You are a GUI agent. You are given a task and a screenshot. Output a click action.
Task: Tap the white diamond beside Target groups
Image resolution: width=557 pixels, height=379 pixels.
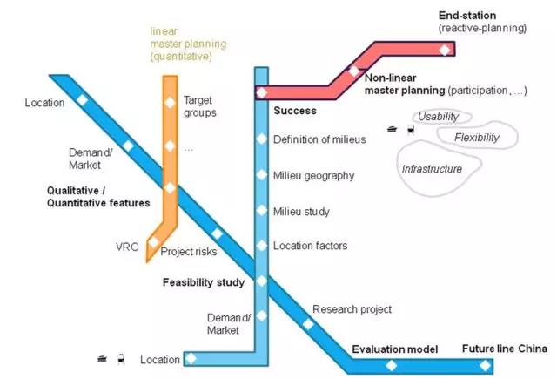pyautogui.click(x=171, y=103)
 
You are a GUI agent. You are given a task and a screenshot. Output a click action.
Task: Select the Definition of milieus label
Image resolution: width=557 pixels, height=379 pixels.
pyautogui.click(x=319, y=139)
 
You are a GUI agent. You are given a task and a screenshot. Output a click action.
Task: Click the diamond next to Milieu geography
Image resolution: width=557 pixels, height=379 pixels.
pyautogui.click(x=261, y=175)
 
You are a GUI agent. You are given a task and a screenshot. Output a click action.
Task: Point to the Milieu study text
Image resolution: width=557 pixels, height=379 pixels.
pyautogui.click(x=301, y=212)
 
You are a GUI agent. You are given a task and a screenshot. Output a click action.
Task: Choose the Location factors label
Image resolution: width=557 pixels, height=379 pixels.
pyautogui.click(x=310, y=247)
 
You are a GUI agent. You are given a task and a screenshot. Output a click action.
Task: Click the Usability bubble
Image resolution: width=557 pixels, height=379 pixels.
pyautogui.click(x=437, y=117)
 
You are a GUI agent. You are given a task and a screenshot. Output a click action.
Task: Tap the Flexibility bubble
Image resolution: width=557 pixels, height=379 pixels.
pyautogui.click(x=476, y=138)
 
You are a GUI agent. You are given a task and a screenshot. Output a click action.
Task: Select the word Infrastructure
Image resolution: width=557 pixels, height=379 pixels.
pyautogui.click(x=432, y=169)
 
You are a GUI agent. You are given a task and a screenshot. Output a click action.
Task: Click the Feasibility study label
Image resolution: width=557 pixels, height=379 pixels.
pyautogui.click(x=203, y=282)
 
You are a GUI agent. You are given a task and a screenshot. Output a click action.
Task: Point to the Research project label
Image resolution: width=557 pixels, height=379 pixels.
pyautogui.click(x=352, y=309)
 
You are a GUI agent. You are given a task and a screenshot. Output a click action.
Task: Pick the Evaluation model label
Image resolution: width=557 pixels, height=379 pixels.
pyautogui.click(x=391, y=349)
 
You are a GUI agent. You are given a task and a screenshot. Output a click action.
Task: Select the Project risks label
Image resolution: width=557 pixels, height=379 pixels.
pyautogui.click(x=188, y=253)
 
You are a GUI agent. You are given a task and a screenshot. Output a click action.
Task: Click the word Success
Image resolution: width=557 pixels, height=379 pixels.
pyautogui.click(x=294, y=111)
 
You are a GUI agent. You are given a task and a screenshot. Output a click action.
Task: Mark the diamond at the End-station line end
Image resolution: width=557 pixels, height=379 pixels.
pyautogui.click(x=445, y=50)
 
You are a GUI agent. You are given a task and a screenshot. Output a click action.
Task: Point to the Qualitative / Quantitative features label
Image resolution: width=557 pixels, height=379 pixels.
pyautogui.click(x=98, y=197)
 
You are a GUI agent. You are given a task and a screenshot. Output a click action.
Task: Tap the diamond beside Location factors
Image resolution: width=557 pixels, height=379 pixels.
pyautogui.click(x=261, y=247)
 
